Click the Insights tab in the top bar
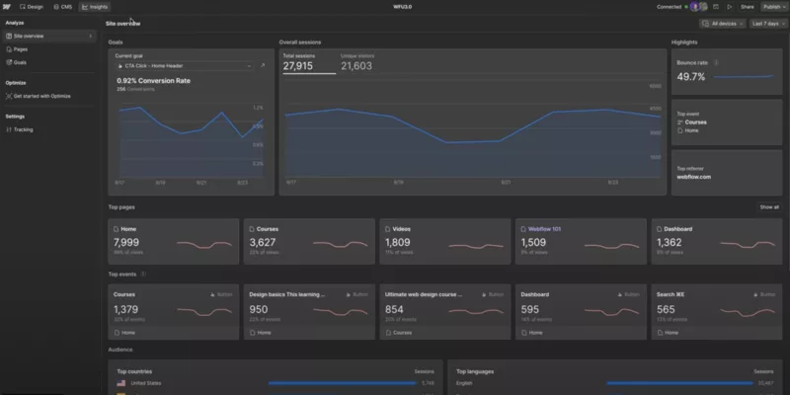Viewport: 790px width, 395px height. tap(95, 6)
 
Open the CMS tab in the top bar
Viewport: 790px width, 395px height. tap(63, 6)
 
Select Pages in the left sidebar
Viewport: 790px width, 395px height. tap(20, 48)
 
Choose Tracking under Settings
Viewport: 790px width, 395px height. tap(23, 129)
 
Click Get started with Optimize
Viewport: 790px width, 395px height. tap(41, 96)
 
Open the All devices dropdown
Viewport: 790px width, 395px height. tap(719, 23)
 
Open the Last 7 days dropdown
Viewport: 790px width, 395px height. tap(766, 23)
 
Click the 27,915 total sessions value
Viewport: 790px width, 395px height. tap(299, 65)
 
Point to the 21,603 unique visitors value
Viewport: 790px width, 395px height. tap(356, 65)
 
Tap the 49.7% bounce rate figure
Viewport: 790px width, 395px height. tap(691, 76)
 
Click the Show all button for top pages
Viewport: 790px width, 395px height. tap(768, 207)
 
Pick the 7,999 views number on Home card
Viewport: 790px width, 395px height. tap(127, 242)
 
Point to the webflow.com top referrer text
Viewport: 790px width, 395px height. tap(692, 177)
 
